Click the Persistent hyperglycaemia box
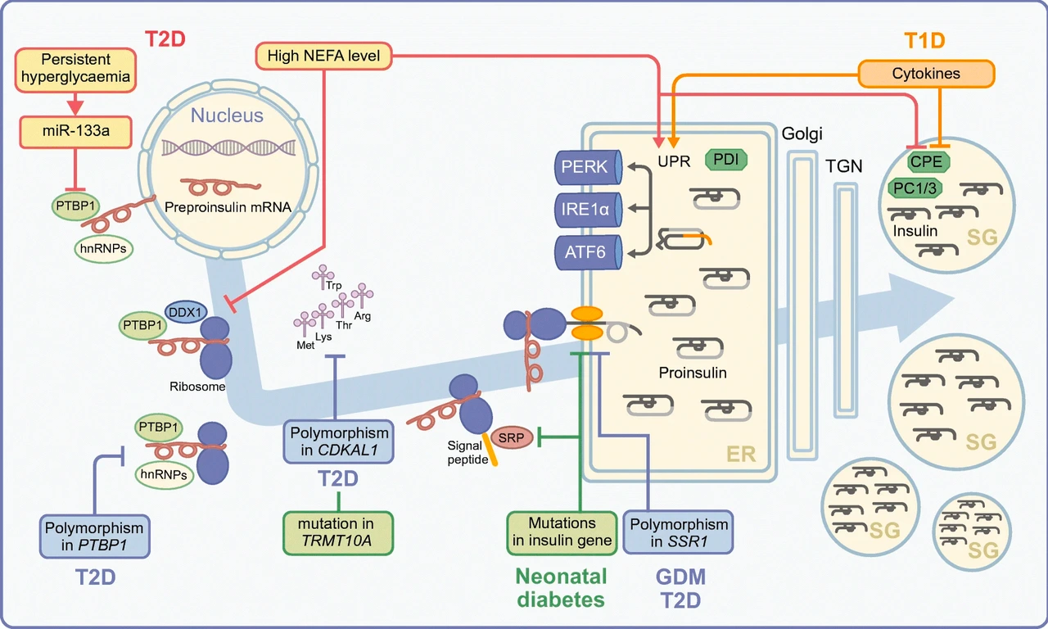(x=75, y=69)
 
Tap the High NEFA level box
(x=325, y=56)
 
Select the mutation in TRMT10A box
(x=337, y=533)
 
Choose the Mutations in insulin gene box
(x=562, y=532)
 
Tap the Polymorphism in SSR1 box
(x=678, y=532)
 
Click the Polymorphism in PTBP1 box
(x=96, y=536)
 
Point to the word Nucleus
(x=227, y=115)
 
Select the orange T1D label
(x=924, y=39)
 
